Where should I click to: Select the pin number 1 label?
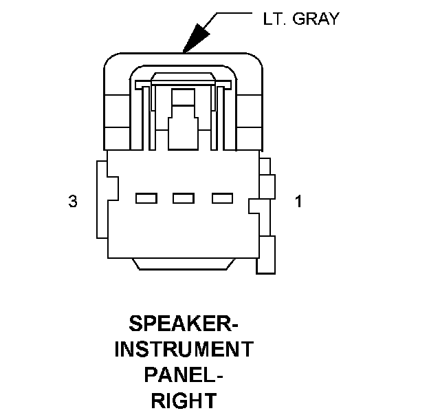click(298, 202)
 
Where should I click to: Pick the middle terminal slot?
click(184, 199)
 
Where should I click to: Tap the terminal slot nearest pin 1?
click(221, 199)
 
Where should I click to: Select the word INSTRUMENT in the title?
click(183, 350)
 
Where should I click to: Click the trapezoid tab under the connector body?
click(184, 264)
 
